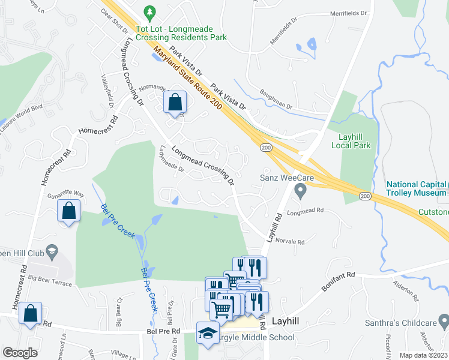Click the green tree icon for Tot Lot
point(149,12)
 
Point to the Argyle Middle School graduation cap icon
point(208,333)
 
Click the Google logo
point(20,353)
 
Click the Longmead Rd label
point(305,211)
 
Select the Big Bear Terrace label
point(50,279)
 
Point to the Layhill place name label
point(289,321)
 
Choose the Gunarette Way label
point(65,194)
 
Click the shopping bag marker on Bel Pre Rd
point(29,314)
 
